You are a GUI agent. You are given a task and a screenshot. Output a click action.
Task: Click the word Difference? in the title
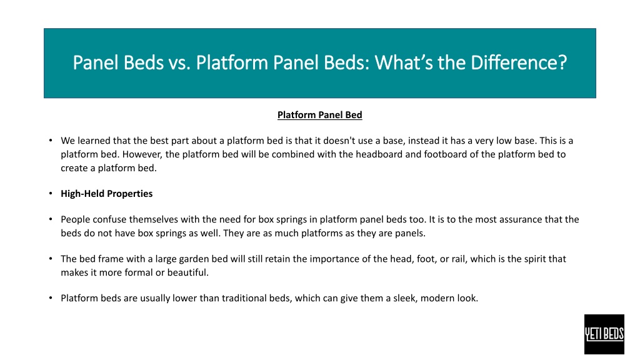pyautogui.click(x=519, y=63)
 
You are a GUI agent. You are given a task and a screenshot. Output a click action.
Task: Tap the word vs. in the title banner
pyautogui.click(x=179, y=63)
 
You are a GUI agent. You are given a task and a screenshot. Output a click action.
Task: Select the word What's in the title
pyautogui.click(x=404, y=63)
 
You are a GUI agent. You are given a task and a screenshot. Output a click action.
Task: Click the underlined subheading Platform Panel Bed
pyautogui.click(x=319, y=115)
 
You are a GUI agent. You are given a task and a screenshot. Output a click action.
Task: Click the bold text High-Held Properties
pyautogui.click(x=106, y=194)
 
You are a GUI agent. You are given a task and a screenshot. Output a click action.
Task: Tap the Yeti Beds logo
pyautogui.click(x=604, y=334)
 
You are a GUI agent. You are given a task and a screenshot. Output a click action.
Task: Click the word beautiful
pyautogui.click(x=189, y=272)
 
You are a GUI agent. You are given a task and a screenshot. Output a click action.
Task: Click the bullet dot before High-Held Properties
pyautogui.click(x=51, y=194)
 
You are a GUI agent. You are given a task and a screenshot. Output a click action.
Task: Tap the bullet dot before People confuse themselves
pyautogui.click(x=51, y=219)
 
